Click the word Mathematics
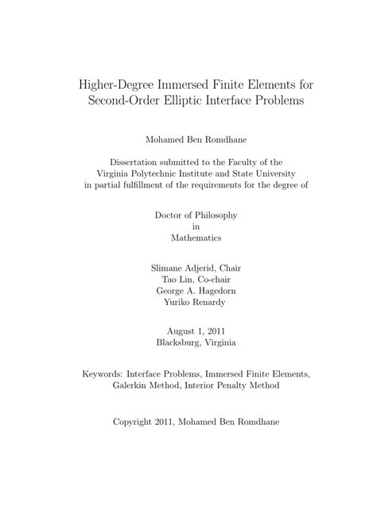point(188,237)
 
